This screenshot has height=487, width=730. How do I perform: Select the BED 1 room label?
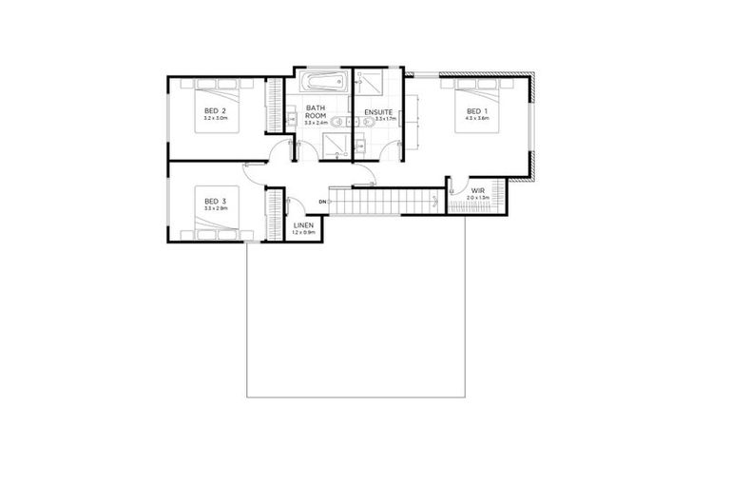(x=473, y=110)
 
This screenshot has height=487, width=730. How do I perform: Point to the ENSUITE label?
(x=378, y=112)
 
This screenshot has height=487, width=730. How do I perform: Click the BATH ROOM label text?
(x=316, y=112)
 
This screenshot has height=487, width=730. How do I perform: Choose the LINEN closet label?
(x=302, y=224)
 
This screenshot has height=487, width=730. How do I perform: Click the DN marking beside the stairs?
(x=322, y=203)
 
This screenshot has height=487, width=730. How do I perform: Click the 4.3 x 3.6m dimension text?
(x=473, y=119)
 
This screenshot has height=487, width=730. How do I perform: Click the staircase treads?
(x=380, y=203)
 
